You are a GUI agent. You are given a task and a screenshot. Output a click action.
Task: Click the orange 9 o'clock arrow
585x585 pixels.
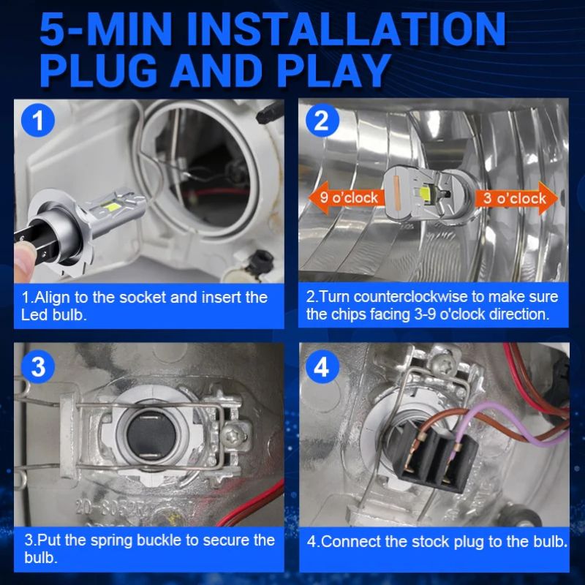click(x=343, y=197)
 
